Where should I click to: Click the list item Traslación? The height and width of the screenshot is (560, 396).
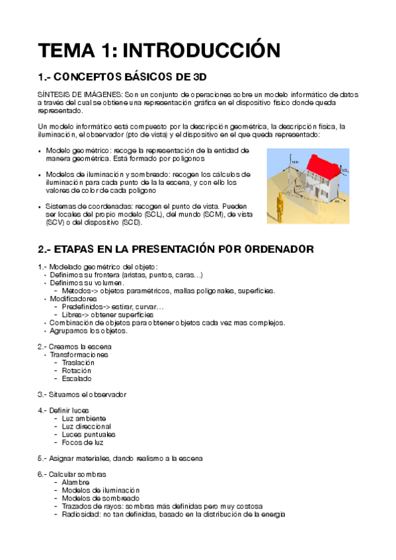click(77, 363)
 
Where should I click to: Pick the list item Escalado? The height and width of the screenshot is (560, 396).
click(76, 379)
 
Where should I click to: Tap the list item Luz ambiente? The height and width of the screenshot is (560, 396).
click(84, 419)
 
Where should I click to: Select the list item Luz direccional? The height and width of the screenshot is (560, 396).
click(86, 427)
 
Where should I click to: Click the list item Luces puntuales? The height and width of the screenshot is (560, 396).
click(88, 435)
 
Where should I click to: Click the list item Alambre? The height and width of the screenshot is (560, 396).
click(75, 482)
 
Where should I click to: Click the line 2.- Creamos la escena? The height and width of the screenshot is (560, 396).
click(75, 347)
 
